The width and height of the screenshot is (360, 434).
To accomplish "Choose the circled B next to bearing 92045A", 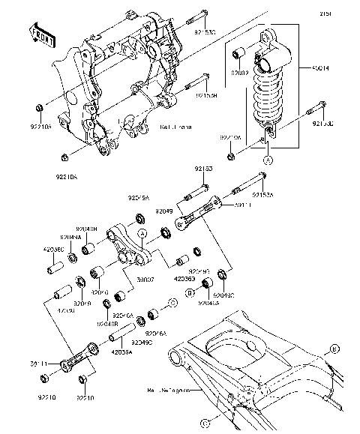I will (190, 287).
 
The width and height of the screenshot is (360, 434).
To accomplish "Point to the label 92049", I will (166, 212).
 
